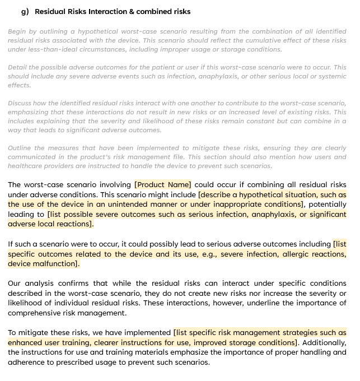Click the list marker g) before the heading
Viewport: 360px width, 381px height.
click(25, 11)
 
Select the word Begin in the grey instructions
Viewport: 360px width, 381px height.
click(17, 31)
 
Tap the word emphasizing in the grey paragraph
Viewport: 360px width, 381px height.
click(31, 112)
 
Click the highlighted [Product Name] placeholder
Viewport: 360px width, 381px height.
click(163, 184)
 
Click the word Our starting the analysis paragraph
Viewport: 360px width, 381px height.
click(15, 284)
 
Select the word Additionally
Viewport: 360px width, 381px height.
click(323, 342)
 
